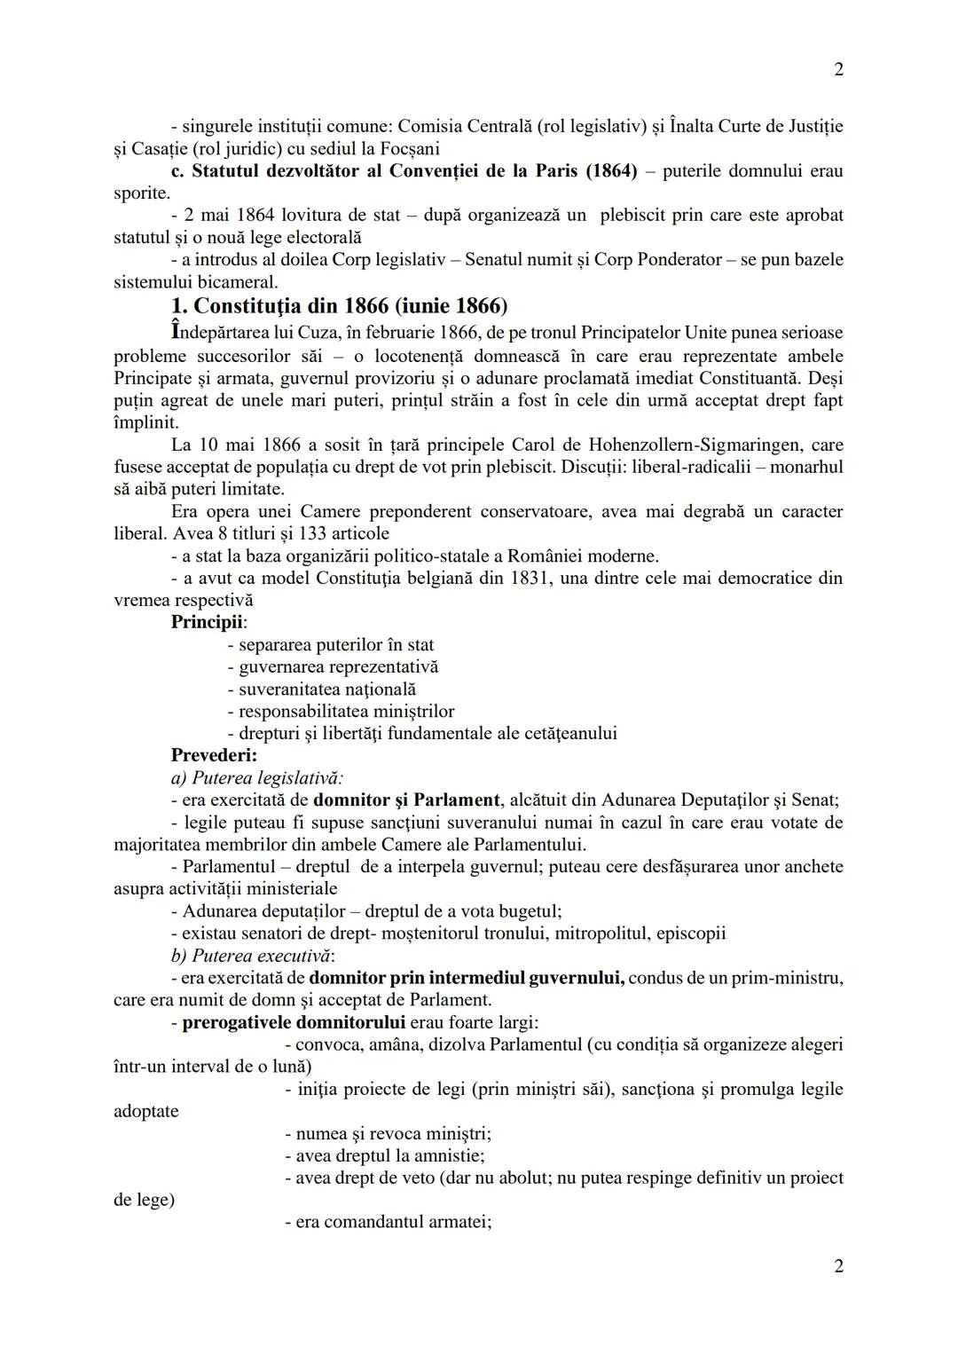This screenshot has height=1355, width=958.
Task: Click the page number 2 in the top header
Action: point(838,69)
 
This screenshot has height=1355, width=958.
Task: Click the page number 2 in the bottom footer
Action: point(838,1265)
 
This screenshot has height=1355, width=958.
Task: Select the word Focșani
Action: point(409,148)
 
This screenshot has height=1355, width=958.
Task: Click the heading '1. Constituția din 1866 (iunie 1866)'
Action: point(339,306)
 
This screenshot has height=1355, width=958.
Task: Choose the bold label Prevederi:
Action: point(214,755)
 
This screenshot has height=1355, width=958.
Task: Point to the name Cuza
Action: point(289,334)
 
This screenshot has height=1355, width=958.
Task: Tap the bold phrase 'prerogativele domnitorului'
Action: point(294,1021)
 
